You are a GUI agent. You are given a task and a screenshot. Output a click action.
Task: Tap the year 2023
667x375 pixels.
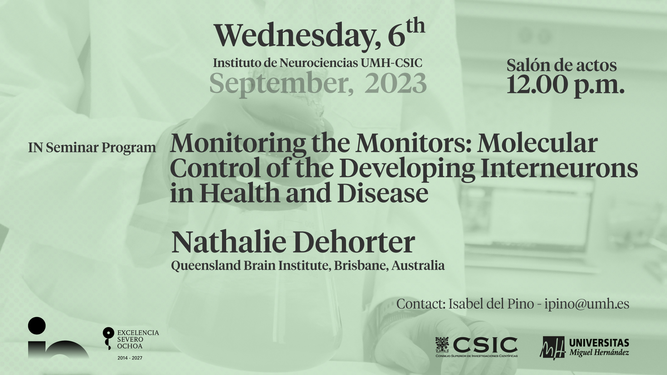pyautogui.click(x=395, y=83)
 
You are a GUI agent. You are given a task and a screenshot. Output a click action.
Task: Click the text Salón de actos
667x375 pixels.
pyautogui.click(x=561, y=65)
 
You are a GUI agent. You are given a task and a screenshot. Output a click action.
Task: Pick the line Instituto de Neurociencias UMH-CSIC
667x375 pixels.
pyautogui.click(x=318, y=63)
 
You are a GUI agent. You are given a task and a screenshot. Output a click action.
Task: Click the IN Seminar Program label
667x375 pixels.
pyautogui.click(x=92, y=148)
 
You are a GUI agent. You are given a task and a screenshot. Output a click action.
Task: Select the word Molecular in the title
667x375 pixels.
pyautogui.click(x=536, y=143)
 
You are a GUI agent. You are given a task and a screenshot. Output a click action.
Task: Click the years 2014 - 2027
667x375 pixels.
pyautogui.click(x=130, y=358)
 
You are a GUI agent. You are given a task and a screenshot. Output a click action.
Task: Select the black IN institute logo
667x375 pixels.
pyautogui.click(x=58, y=338)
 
